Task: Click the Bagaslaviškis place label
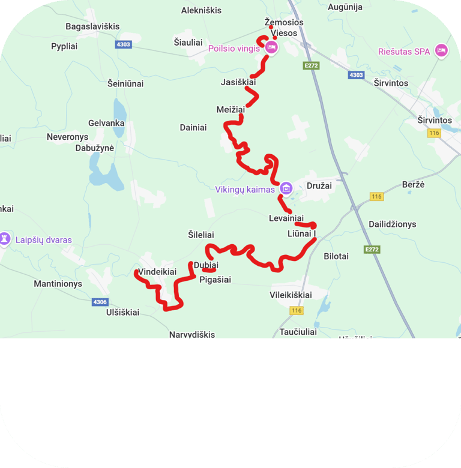(x=92, y=26)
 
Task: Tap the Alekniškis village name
(x=201, y=10)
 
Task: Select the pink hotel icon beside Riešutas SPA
(x=441, y=50)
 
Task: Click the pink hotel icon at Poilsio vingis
(x=271, y=47)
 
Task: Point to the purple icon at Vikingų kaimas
(x=286, y=188)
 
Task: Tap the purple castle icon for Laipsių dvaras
(x=5, y=239)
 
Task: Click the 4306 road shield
(x=100, y=302)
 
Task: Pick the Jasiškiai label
(x=238, y=82)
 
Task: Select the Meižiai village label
(x=231, y=109)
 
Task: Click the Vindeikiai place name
(x=157, y=272)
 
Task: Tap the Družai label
(x=319, y=185)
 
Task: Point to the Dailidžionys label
(x=392, y=224)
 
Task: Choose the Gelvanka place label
(x=106, y=123)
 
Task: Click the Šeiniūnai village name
(x=125, y=83)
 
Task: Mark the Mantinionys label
(x=58, y=284)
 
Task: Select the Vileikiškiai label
(x=291, y=295)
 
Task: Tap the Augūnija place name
(x=345, y=7)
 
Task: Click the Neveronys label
(x=67, y=137)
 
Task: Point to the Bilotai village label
(x=336, y=256)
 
